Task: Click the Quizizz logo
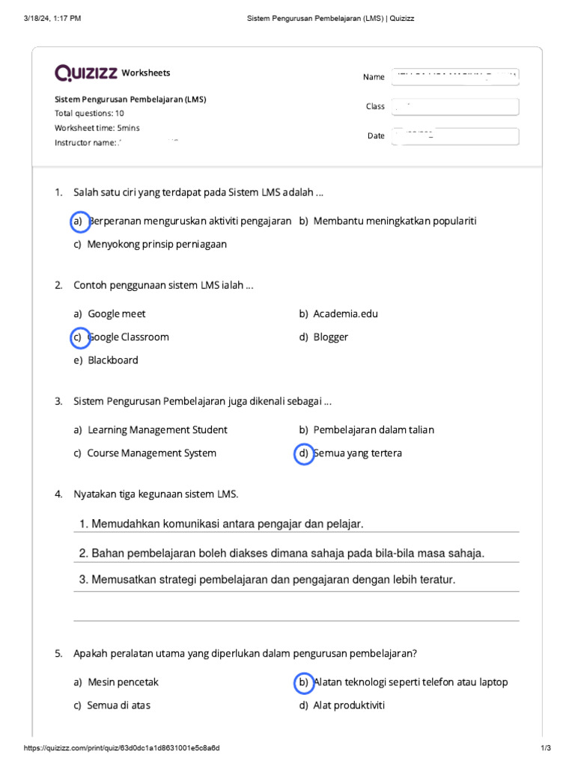(85, 73)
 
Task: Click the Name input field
(454, 76)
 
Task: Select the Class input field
(454, 106)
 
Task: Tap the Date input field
(454, 136)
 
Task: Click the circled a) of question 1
(78, 221)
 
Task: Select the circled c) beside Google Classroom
(78, 337)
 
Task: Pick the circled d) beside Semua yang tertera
(303, 453)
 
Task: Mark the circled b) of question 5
(303, 682)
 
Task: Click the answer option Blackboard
(112, 360)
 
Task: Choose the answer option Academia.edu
(345, 314)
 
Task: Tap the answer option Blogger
(330, 337)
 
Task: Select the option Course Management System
(151, 453)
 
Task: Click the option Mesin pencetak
(123, 682)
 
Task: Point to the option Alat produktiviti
(348, 705)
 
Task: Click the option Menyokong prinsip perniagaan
(156, 245)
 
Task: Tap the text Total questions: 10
(89, 114)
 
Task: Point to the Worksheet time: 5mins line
(97, 128)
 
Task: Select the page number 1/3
(545, 749)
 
